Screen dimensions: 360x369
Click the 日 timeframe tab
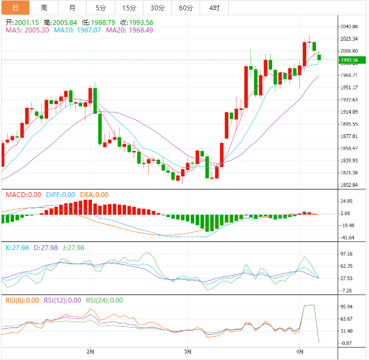[15, 8]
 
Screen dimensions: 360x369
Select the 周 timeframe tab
[44, 8]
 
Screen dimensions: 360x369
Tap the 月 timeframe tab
[73, 8]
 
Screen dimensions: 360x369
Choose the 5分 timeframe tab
[101, 8]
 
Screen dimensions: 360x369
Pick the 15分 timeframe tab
[129, 8]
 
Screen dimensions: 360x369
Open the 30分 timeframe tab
[157, 8]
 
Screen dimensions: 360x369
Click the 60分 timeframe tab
[186, 8]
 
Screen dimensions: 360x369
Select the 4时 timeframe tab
[214, 8]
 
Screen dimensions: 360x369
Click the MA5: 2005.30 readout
[28, 30]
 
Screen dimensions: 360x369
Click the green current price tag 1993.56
[350, 60]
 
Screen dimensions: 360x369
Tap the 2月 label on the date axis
[90, 351]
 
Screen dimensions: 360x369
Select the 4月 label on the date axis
[301, 351]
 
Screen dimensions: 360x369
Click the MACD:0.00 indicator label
[23, 195]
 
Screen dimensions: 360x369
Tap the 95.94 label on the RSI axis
[346, 307]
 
